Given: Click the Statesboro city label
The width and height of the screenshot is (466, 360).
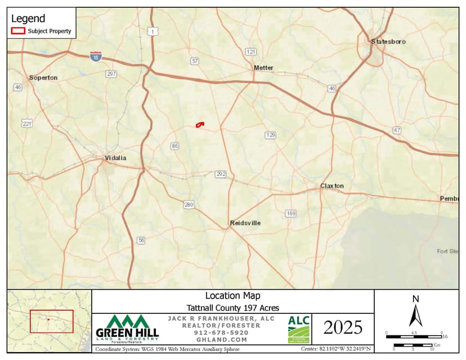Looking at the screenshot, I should [x=388, y=42].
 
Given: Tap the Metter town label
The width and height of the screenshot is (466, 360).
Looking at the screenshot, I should [x=263, y=67].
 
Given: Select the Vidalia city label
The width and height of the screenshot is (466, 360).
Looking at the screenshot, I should [x=115, y=158].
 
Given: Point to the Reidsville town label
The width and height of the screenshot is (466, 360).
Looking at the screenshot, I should [x=245, y=223].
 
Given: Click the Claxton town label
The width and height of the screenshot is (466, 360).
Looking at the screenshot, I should [x=331, y=186].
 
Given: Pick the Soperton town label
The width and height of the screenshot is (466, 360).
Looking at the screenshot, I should [x=43, y=78].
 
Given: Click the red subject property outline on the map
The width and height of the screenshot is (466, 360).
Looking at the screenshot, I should [x=200, y=124].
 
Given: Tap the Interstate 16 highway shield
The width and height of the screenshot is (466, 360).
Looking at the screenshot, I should [x=96, y=56].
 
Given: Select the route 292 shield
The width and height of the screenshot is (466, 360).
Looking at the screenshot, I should [x=221, y=174].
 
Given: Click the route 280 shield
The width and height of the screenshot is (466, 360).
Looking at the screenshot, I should [x=189, y=205].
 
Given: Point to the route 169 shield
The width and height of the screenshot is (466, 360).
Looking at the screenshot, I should [x=290, y=213].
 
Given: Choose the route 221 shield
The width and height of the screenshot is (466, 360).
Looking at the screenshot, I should [x=27, y=123].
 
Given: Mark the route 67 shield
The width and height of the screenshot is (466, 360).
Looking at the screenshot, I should [x=397, y=130].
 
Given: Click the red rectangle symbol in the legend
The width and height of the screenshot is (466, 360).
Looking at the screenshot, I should [x=19, y=31].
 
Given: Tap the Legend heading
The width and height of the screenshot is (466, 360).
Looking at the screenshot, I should [x=28, y=19].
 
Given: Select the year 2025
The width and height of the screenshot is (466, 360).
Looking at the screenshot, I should [x=343, y=327].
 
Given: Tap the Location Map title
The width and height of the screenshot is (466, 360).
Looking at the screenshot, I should [x=232, y=296].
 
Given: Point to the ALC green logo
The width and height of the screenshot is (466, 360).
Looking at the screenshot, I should [x=299, y=328].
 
